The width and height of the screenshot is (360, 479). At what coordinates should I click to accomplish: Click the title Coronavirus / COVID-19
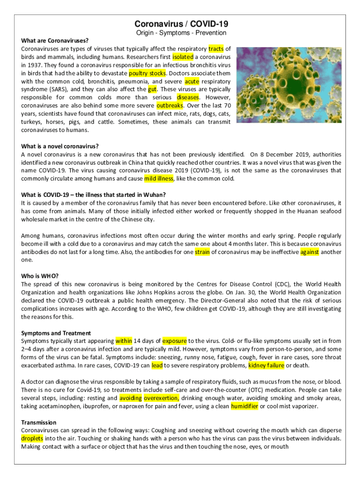tap(181, 24)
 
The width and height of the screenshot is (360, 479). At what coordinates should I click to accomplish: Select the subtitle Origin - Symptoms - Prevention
tap(181, 33)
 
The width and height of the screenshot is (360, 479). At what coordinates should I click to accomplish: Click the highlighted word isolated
tap(183, 57)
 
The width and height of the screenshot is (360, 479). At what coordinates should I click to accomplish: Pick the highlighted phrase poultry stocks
tap(147, 73)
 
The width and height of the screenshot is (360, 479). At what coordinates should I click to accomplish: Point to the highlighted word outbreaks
tap(170, 105)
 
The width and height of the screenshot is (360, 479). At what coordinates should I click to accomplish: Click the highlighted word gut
tap(152, 89)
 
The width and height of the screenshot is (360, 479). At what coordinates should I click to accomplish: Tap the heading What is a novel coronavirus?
tap(60, 146)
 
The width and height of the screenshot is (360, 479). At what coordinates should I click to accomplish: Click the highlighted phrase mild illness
tap(159, 179)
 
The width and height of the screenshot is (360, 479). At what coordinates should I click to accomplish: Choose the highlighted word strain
tap(202, 252)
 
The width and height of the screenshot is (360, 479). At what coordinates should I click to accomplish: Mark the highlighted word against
tap(310, 252)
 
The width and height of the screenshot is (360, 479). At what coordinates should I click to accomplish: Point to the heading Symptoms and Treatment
tap(56, 333)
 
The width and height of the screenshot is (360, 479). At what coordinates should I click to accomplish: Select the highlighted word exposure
tap(174, 341)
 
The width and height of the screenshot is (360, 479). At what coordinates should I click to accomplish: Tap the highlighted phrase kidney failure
tap(266, 365)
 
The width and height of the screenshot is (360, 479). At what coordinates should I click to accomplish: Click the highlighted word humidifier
tap(244, 406)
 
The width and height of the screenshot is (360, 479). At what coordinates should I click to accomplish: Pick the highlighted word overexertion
tap(161, 398)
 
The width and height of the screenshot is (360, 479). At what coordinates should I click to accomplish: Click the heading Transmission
tap(39, 422)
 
